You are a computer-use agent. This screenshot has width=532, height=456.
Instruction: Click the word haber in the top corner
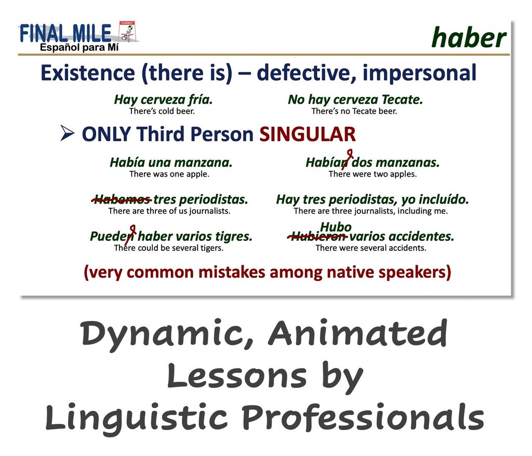(x=469, y=38)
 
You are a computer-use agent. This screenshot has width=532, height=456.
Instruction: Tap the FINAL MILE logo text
(x=65, y=33)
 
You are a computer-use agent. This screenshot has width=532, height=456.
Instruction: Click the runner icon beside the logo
(x=127, y=32)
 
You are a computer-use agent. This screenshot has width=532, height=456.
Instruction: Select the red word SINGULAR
(x=308, y=134)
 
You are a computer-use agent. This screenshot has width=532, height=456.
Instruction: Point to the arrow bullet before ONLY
(x=67, y=133)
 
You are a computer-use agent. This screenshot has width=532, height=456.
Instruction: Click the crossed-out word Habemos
(x=122, y=199)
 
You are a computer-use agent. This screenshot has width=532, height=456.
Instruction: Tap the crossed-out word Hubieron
(x=317, y=236)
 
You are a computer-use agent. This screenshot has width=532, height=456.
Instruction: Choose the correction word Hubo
(x=336, y=226)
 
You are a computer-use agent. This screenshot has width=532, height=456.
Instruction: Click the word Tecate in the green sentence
(x=402, y=100)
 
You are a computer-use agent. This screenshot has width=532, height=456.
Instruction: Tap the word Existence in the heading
(x=88, y=73)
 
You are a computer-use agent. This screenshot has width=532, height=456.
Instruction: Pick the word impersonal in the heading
(x=419, y=73)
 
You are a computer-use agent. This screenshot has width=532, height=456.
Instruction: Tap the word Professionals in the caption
(x=363, y=418)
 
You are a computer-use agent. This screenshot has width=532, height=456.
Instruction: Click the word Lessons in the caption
(x=237, y=376)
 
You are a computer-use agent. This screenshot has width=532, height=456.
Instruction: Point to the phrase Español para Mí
(x=79, y=47)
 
